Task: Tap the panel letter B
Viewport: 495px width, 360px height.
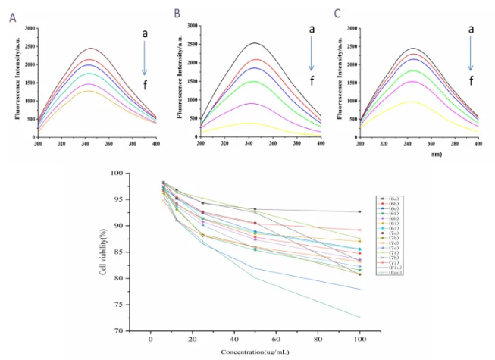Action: pyautogui.click(x=177, y=14)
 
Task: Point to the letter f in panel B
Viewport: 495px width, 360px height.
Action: pyautogui.click(x=309, y=81)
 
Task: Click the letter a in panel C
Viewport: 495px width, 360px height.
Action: pyautogui.click(x=470, y=30)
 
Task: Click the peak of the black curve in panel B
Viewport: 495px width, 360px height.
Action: pyautogui.click(x=261, y=43)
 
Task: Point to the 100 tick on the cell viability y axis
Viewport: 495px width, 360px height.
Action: pyautogui.click(x=119, y=174)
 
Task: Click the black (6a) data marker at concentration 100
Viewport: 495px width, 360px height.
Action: pyautogui.click(x=359, y=211)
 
